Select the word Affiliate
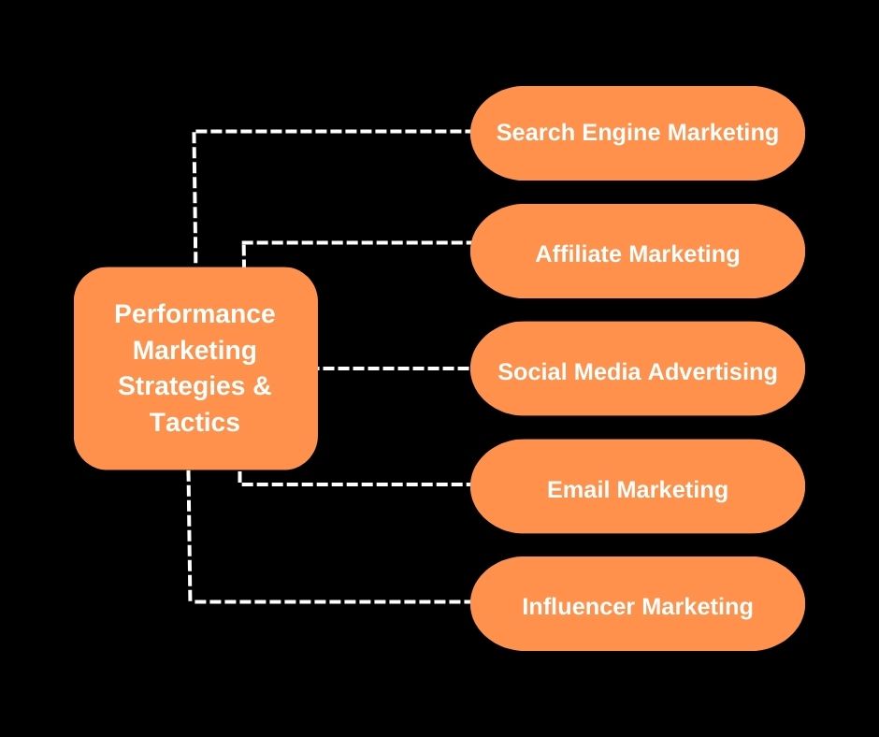pyautogui.click(x=579, y=253)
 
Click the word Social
pyautogui.click(x=528, y=371)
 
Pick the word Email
pyautogui.click(x=577, y=489)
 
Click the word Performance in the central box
pyautogui.click(x=195, y=313)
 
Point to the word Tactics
pyautogui.click(x=195, y=422)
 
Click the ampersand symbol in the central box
pyautogui.click(x=262, y=385)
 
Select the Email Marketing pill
pyautogui.click(x=637, y=511)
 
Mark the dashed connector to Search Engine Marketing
pyautogui.click(x=327, y=132)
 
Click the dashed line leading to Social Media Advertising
pyautogui.click(x=393, y=368)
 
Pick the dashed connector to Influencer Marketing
pyautogui.click(x=327, y=601)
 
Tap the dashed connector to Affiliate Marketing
pyautogui.click(x=355, y=243)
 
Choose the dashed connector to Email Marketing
pyautogui.click(x=355, y=484)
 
